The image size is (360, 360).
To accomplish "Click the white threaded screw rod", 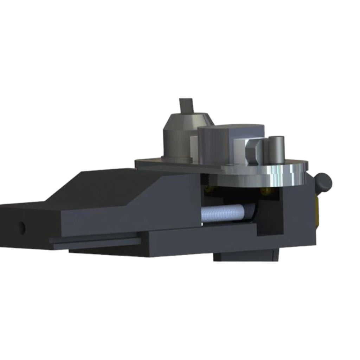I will tap(221, 213).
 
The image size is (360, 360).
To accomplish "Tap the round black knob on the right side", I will tap(324, 182).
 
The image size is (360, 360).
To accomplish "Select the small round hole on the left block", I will tap(22, 228).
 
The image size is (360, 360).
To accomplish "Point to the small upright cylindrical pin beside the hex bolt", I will tap(276, 149).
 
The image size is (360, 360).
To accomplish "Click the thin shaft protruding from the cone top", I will tap(186, 105).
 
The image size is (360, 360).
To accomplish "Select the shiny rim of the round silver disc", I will tap(281, 176).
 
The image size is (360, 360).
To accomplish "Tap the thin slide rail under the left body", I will tap(95, 242).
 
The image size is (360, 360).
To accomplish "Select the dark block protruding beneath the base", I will tap(246, 255).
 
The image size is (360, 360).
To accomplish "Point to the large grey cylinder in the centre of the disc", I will tap(214, 144).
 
